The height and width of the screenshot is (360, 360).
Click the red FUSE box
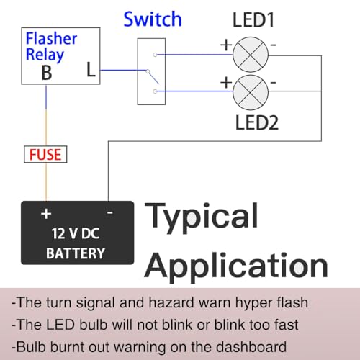click(45, 154)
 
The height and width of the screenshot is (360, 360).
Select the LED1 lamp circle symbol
click(251, 55)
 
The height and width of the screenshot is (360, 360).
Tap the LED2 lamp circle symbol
click(251, 92)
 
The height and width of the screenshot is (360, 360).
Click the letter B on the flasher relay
click(47, 73)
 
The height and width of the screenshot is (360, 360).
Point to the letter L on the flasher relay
click(91, 70)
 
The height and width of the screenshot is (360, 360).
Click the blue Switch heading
click(153, 19)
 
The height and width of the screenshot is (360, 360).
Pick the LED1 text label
click(253, 19)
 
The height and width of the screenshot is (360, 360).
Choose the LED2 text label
click(257, 122)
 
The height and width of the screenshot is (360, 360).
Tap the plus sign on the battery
click(46, 214)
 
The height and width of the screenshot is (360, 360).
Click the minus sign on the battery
click(110, 212)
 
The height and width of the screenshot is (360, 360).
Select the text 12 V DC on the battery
click(76, 233)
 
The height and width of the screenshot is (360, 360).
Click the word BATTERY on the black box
click(76, 253)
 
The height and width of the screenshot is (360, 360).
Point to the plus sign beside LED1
click(226, 45)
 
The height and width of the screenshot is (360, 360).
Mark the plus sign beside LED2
click(226, 83)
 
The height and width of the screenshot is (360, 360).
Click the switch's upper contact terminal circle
click(155, 55)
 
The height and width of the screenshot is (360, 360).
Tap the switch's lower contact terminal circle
click(155, 91)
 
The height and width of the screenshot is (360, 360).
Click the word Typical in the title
click(202, 218)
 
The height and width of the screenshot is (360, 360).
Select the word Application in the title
click(236, 268)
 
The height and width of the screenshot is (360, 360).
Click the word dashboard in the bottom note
click(251, 347)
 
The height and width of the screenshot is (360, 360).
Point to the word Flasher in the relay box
click(51, 39)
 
